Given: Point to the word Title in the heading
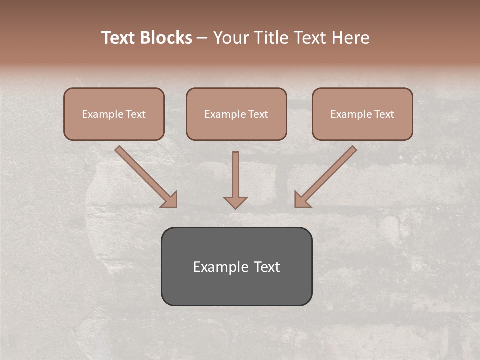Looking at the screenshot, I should point(273,38).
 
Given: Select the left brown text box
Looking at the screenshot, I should point(114,114).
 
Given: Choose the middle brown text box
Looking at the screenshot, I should point(236,114).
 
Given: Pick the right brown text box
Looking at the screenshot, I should point(362,114).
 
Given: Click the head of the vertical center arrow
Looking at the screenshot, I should point(235,202).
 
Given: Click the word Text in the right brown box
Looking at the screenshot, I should point(384,114).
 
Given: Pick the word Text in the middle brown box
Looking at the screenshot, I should point(258,114).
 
